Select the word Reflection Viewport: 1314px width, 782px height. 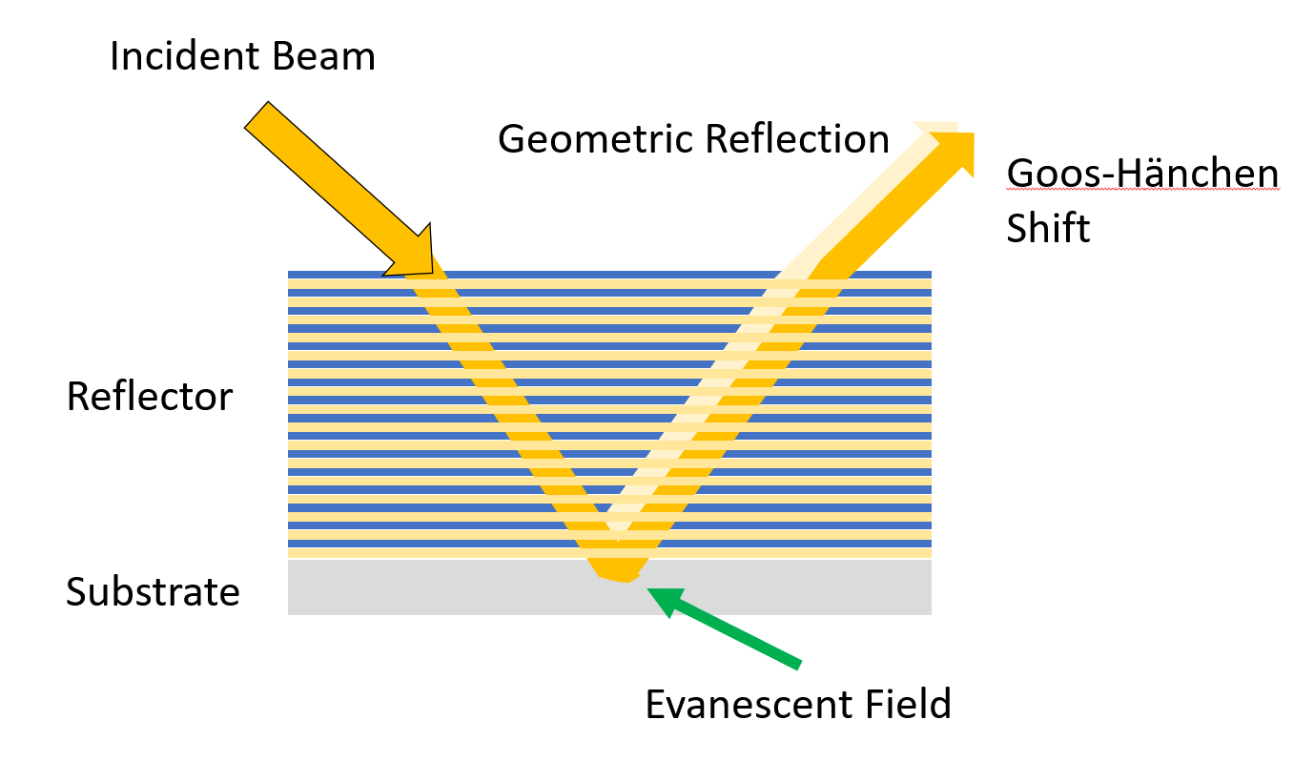click(797, 140)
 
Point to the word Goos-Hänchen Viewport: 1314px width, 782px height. click(1142, 175)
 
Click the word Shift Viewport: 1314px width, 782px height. click(1048, 229)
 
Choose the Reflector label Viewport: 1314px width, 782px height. click(149, 397)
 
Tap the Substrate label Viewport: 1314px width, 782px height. click(153, 592)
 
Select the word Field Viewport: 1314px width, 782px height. click(906, 705)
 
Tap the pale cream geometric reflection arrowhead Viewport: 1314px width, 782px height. click(934, 129)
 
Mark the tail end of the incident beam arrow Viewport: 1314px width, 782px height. click(258, 115)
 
